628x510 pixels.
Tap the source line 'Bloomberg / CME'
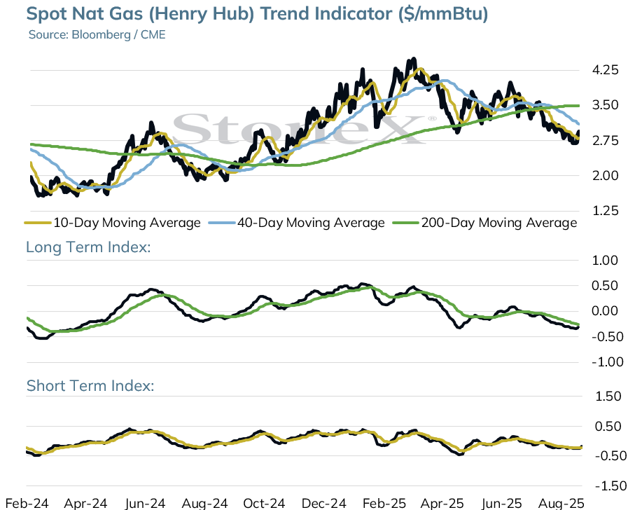click(118, 34)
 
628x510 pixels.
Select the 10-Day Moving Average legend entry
click(113, 222)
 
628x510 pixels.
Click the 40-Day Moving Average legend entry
click(297, 222)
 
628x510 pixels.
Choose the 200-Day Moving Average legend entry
click(485, 222)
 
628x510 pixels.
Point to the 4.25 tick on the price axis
click(605, 70)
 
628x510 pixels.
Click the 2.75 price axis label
click(605, 141)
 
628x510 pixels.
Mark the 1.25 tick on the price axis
click(605, 211)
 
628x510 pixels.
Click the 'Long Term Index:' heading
click(88, 247)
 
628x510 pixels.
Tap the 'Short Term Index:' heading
click(90, 385)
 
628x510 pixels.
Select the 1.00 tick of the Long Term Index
click(605, 261)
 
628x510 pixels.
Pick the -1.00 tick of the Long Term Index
click(607, 362)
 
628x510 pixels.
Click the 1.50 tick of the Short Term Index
click(608, 397)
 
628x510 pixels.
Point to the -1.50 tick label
click(610, 486)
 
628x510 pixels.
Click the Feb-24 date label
click(27, 503)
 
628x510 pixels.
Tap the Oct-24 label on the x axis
click(264, 503)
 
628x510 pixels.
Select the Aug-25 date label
click(561, 503)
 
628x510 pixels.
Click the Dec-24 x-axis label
click(323, 503)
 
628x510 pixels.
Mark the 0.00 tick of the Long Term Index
click(605, 311)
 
